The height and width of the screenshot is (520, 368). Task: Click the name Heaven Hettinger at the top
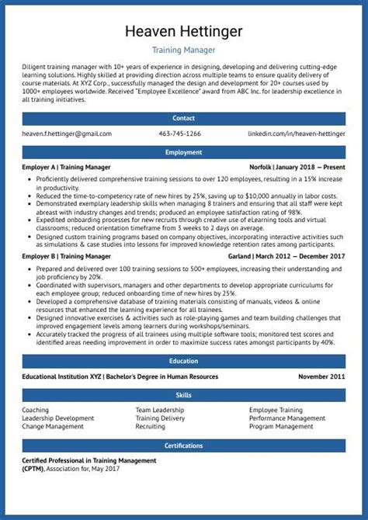click(x=183, y=30)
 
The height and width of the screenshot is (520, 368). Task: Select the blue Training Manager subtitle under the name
click(x=183, y=50)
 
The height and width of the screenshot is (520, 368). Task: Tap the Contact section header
click(x=183, y=119)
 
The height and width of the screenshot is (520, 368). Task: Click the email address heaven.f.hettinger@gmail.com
click(x=63, y=133)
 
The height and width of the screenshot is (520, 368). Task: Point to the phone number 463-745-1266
click(x=179, y=133)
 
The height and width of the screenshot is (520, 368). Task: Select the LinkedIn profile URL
click(x=297, y=133)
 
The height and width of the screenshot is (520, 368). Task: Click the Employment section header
click(x=183, y=152)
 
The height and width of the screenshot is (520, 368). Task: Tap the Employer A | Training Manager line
click(x=66, y=167)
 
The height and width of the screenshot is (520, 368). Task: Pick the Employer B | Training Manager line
click(x=66, y=255)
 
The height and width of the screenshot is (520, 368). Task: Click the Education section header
click(x=183, y=361)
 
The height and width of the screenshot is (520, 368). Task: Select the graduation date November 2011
click(x=321, y=376)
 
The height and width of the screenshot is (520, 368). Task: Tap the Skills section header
click(x=183, y=395)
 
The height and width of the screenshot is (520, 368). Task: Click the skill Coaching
click(x=36, y=410)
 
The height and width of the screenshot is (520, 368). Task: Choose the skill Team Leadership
click(x=159, y=410)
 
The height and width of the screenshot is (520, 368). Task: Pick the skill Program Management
click(x=281, y=426)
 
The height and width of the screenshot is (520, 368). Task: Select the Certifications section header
click(x=183, y=445)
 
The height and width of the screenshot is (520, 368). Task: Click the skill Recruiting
click(x=150, y=426)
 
